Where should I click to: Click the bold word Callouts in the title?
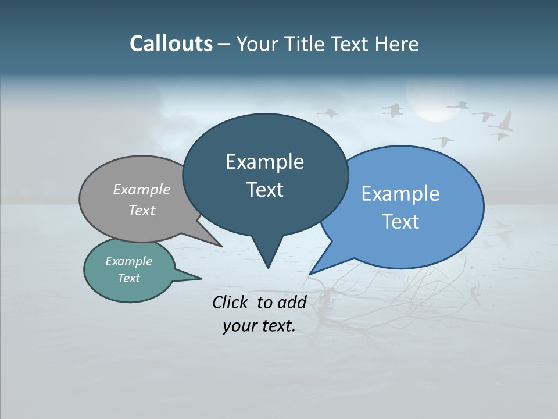coord(171,44)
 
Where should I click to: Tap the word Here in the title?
coord(397,44)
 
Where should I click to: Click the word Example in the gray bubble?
coord(142,190)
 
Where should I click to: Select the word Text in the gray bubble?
coord(142,210)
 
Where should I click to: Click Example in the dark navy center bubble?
coord(264,162)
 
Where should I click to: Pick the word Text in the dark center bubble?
coord(264,190)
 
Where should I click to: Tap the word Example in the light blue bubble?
coord(400,194)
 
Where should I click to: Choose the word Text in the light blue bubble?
coord(400,222)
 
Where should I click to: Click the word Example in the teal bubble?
coord(128,261)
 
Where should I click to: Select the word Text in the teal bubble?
coord(128,278)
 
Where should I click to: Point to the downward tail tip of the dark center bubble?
coord(268,268)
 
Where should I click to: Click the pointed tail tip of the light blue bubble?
coord(310,274)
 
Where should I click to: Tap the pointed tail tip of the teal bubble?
coord(201,278)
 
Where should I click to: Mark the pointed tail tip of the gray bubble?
coord(222,246)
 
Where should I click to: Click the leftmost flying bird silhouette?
coord(328,112)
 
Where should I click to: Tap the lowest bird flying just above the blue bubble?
coord(443,141)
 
